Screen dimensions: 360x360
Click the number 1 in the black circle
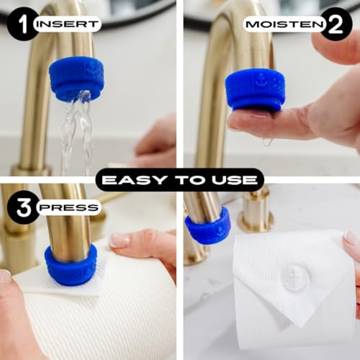22,24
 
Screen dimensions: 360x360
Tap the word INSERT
66,24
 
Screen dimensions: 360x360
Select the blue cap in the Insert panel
76,77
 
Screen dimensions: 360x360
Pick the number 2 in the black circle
336,24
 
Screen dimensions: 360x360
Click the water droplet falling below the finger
267,142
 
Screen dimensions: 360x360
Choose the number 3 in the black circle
22,207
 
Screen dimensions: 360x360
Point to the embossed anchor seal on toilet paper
296,278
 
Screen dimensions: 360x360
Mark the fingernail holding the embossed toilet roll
351,238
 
